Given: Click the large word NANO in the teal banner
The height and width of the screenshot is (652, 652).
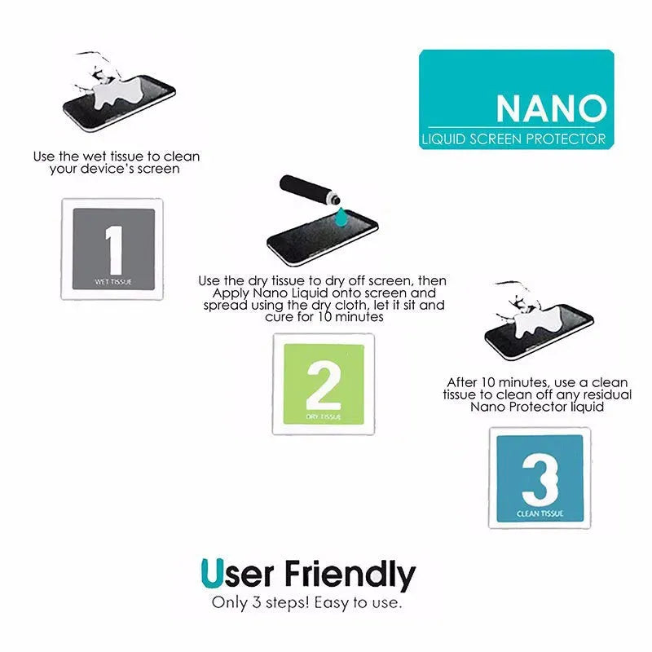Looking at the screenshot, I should [x=551, y=108].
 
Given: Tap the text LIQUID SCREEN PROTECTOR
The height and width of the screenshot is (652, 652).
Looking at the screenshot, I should [x=514, y=139].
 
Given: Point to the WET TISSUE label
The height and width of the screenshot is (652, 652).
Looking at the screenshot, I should [x=112, y=282].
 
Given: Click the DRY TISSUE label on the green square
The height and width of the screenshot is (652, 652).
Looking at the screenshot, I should [x=323, y=416].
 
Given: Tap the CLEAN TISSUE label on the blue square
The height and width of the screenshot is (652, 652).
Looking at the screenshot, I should [x=540, y=513].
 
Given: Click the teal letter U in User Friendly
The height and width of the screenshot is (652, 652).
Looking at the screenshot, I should [x=209, y=574].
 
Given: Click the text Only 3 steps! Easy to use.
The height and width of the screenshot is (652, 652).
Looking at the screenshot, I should [x=306, y=604].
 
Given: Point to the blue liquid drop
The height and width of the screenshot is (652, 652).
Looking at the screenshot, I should [x=338, y=216].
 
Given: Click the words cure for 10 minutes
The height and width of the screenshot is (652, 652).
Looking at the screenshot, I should [x=325, y=317].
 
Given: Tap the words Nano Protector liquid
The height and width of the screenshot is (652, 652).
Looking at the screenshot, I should [x=538, y=406].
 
